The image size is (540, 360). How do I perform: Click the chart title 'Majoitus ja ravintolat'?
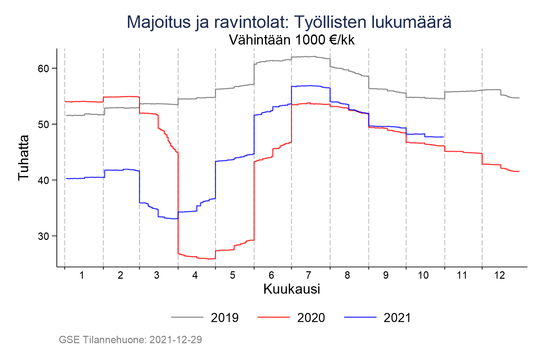289,22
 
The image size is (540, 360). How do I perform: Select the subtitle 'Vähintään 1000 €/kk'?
292,40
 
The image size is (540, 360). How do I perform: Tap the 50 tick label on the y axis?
44,124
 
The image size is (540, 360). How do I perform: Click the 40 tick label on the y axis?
44,180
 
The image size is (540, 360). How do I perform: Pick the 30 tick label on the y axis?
44,236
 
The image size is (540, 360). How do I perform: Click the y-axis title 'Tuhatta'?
24,158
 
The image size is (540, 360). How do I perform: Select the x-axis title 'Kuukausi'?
292,289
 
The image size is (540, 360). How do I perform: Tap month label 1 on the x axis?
82,275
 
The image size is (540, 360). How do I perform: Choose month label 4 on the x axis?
195,275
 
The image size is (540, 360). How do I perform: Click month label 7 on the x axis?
308,275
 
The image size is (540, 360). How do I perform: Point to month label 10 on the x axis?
423,275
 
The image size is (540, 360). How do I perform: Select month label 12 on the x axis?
500,275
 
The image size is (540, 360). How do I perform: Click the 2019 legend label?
224,318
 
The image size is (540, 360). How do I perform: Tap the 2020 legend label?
311,318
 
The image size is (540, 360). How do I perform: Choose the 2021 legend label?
397,318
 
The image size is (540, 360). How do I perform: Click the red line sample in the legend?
274,317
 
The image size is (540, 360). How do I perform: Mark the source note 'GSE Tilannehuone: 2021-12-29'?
130,340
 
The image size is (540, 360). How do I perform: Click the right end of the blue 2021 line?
443,137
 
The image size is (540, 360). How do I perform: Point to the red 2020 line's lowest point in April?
209,259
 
